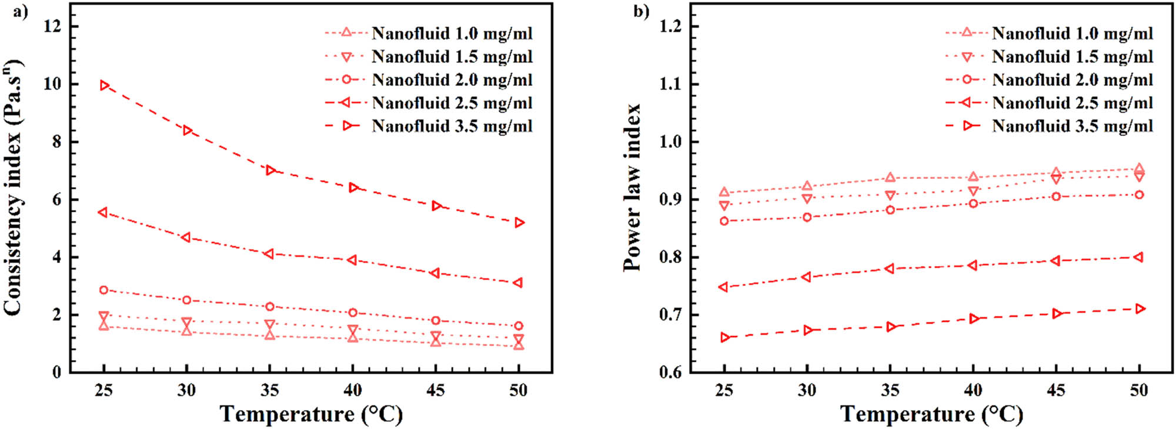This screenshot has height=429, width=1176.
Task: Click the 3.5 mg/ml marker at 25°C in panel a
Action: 105,85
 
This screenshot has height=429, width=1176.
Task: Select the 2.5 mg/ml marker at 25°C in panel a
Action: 103,212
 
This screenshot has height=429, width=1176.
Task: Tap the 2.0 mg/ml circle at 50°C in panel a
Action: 519,325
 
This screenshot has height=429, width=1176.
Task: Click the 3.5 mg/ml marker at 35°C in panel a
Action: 270,170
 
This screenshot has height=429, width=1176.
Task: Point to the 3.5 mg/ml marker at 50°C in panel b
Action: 1140,309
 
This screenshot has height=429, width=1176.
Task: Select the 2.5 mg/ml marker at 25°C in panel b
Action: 724,287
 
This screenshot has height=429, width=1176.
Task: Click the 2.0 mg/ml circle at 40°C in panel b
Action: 973,204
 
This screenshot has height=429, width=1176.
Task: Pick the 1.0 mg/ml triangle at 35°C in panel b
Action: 890,177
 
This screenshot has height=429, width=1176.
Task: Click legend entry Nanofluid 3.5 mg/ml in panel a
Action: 452,126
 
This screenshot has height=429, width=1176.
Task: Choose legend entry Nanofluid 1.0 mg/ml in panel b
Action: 1072,34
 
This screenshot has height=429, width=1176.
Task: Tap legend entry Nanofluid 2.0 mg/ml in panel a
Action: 452,79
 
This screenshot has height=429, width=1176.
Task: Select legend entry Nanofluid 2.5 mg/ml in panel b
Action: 1072,103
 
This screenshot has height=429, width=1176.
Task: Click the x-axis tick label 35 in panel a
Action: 270,390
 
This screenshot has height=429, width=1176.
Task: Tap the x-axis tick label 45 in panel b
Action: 1056,390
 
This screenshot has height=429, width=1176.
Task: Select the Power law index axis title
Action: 632,187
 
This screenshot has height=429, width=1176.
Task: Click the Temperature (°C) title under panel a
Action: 311,414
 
